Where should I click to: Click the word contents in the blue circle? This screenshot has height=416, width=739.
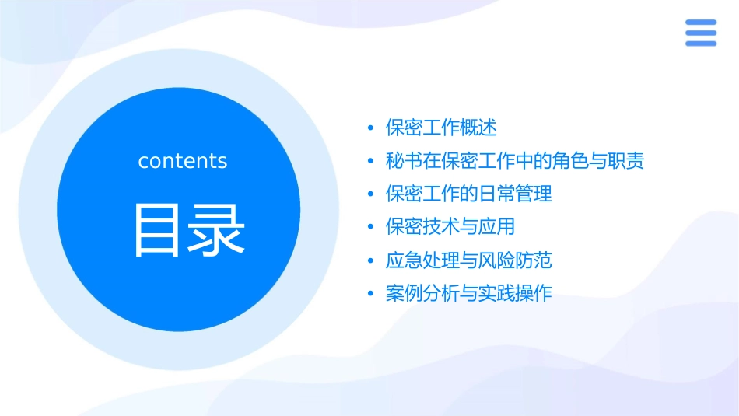183,161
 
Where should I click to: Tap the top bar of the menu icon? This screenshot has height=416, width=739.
701,23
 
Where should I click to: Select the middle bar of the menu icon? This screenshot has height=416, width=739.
701,33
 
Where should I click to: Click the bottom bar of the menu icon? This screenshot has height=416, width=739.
701,43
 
